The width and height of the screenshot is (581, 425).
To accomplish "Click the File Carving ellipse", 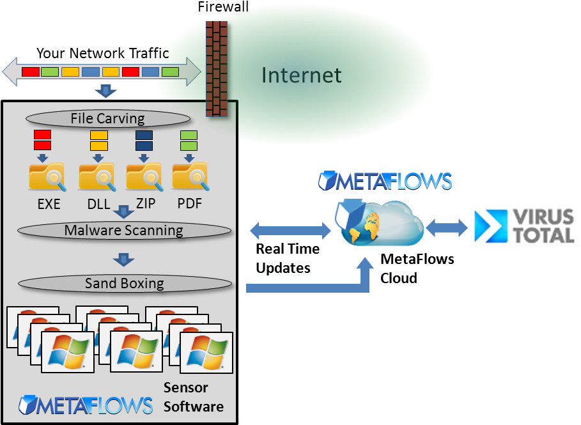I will (x=107, y=118).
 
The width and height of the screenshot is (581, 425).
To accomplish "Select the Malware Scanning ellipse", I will (x=123, y=230).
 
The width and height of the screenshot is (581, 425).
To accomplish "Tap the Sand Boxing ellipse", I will (x=124, y=283).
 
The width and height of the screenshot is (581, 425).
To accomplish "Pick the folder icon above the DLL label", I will (x=97, y=177).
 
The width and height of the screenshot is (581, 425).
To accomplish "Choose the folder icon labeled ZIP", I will (x=143, y=177).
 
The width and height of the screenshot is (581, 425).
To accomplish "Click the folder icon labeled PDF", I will (x=190, y=177).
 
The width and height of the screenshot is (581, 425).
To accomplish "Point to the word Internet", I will (x=301, y=75).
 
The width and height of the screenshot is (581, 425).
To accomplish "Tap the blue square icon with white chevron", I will (x=493, y=226).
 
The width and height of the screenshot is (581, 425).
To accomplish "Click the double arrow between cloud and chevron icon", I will (x=447, y=228).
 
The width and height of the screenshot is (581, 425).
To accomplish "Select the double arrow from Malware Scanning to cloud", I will (x=291, y=230).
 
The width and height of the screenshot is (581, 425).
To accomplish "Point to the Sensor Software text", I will (x=193, y=397).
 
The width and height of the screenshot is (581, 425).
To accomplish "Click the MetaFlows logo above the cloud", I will (x=385, y=181).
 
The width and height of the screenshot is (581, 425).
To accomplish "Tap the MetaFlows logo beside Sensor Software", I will (x=86, y=405).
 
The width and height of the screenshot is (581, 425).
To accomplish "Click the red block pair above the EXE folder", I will (x=42, y=140).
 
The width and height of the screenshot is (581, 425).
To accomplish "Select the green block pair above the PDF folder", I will (x=189, y=140).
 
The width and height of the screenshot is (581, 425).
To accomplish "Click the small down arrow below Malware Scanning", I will (x=123, y=259).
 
